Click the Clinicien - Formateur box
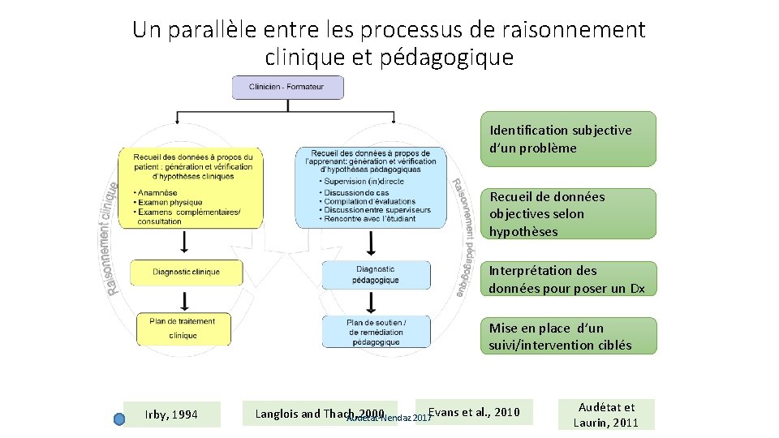pos(287,87)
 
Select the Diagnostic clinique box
pos(186,272)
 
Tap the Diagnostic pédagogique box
pos(376,274)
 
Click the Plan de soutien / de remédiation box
pos(377,332)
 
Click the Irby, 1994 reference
pos(171,414)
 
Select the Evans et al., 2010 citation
pos(473,412)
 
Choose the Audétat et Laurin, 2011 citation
pos(606,414)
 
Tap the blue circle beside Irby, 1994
pos(118,419)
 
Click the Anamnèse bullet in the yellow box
pos(161,193)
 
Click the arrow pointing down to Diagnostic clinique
pos(185,242)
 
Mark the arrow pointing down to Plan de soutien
pos(372,302)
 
